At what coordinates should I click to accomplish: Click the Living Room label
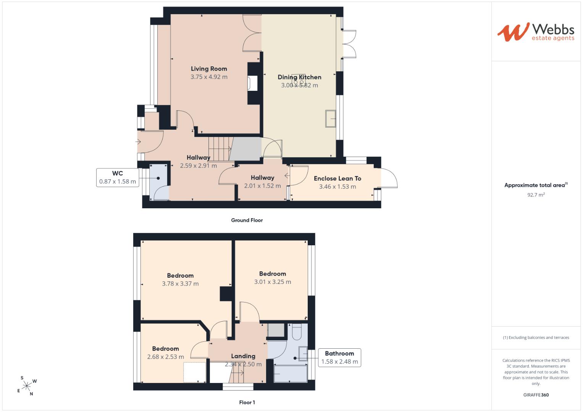209,69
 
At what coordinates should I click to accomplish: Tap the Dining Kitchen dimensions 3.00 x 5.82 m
299,85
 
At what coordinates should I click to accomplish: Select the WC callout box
118,178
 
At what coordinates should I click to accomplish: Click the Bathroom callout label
339,353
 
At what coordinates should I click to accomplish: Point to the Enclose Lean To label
337,179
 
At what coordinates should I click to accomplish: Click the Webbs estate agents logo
536,32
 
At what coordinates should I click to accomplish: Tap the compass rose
27,386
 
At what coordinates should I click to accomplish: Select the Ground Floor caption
247,220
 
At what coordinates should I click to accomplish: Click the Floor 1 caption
247,402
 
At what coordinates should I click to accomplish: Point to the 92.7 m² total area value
536,195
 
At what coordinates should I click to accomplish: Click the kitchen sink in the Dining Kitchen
331,119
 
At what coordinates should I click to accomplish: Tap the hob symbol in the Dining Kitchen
299,80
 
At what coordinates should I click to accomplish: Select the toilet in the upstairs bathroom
297,332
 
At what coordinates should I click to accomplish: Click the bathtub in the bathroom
291,374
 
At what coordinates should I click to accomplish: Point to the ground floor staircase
220,149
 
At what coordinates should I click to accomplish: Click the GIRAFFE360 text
536,395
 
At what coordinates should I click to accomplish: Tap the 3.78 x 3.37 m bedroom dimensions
180,284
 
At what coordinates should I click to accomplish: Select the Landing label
243,356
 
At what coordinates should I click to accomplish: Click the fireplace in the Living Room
252,84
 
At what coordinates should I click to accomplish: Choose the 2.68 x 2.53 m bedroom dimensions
166,357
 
